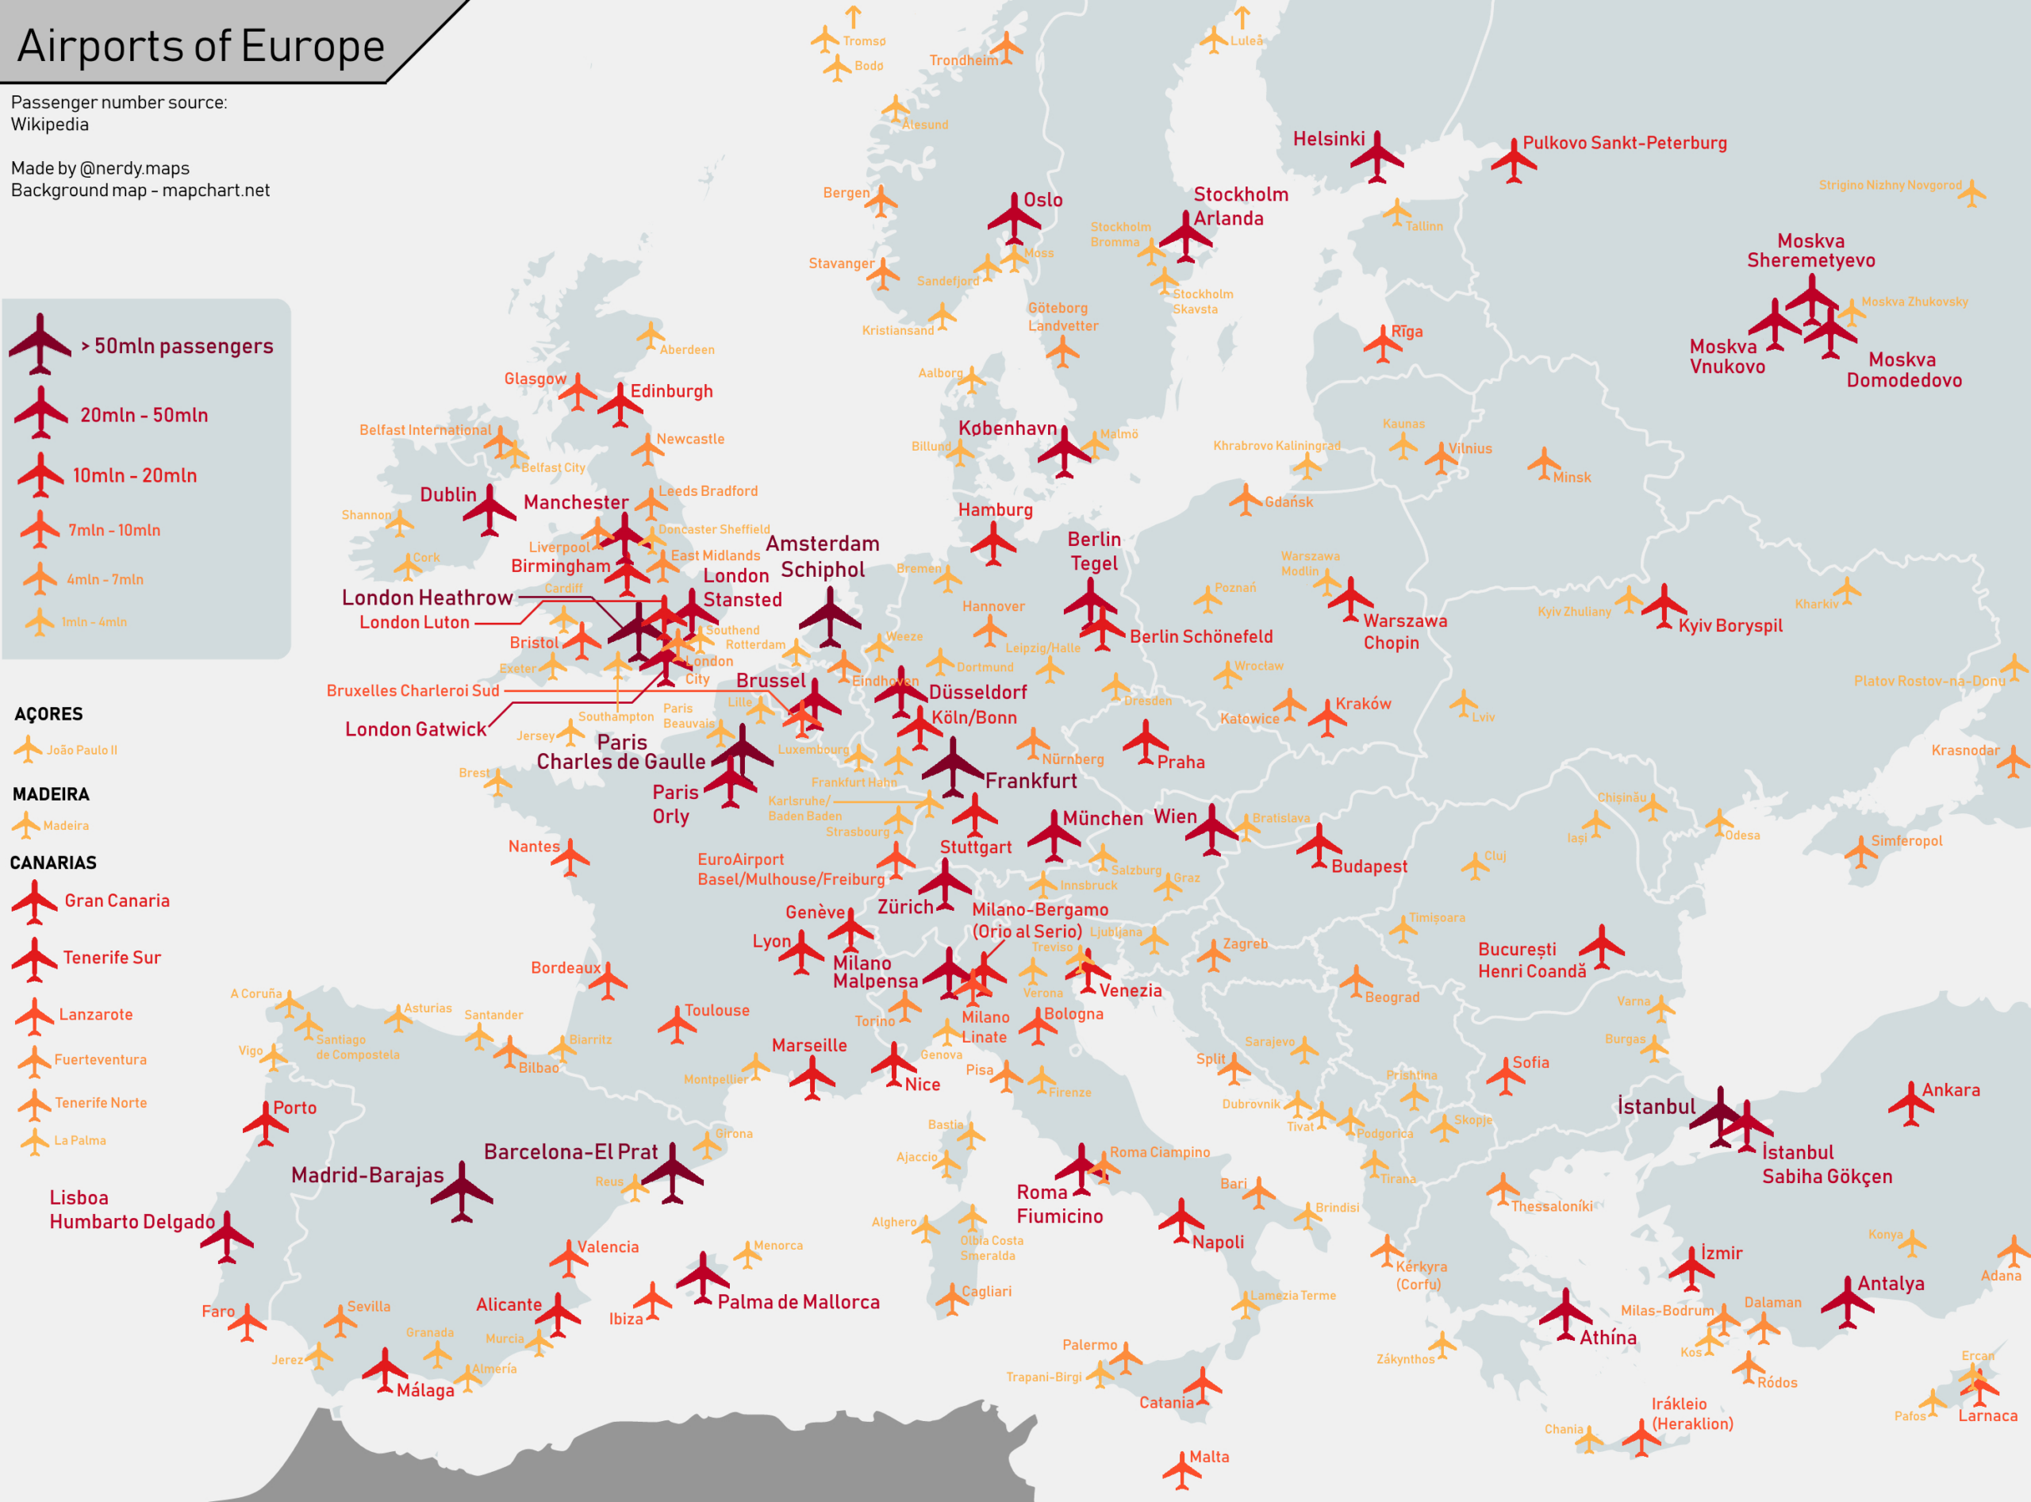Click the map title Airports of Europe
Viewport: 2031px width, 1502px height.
point(201,45)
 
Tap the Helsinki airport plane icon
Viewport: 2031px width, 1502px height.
point(1376,157)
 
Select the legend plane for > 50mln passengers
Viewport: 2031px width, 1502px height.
point(40,344)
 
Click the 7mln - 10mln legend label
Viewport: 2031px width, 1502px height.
point(114,530)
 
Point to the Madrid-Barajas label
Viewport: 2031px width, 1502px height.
point(367,1174)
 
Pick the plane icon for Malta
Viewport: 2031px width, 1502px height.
point(1182,1469)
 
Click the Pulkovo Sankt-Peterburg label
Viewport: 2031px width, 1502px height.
point(1625,143)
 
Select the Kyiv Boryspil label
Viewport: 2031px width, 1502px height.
point(1730,625)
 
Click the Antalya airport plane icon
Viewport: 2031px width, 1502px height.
point(1848,1302)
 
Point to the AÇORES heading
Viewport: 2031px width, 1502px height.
point(48,714)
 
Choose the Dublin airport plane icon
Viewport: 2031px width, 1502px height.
point(490,510)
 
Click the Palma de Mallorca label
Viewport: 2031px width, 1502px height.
point(798,1302)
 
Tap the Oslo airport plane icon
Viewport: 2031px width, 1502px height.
point(1015,218)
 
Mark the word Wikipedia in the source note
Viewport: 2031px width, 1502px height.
point(50,125)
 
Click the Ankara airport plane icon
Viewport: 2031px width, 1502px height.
point(1911,1103)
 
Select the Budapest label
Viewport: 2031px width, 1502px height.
point(1369,866)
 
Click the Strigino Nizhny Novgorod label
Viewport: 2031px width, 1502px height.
point(1890,185)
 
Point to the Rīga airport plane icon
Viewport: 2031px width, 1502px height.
point(1383,344)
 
